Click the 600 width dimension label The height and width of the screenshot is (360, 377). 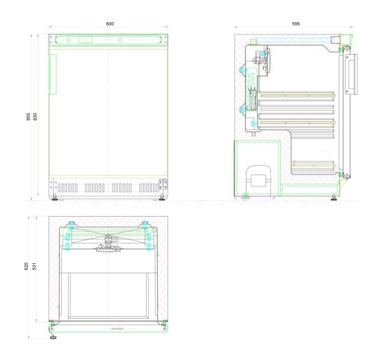(110, 24)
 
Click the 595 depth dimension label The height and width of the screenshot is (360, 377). (296, 24)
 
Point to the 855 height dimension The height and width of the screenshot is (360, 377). (29, 117)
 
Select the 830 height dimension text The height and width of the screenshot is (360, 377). (35, 117)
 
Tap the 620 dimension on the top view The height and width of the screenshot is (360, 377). (26, 266)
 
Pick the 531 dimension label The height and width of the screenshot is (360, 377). (34, 266)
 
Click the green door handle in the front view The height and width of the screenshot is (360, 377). (53, 74)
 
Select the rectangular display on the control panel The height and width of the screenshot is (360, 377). (86, 40)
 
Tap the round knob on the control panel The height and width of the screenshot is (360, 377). (120, 40)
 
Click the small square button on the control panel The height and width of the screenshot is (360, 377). (69, 40)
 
